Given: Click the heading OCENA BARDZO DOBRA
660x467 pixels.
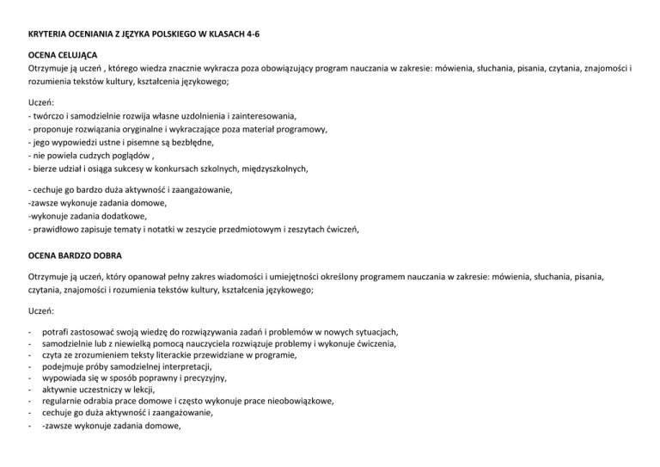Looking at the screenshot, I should tap(76, 255).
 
